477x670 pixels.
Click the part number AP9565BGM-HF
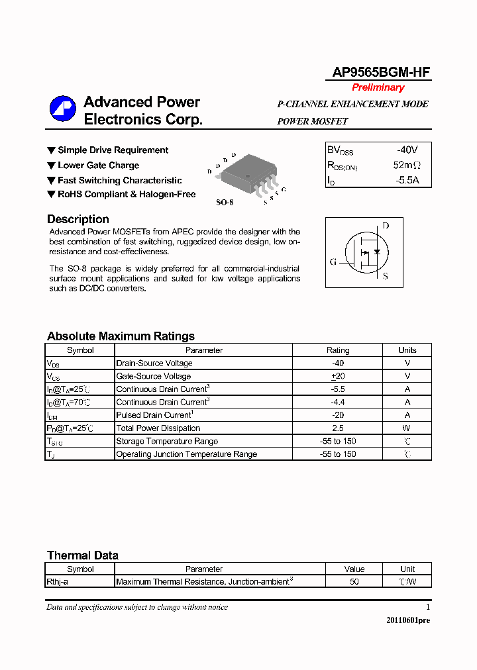(378, 73)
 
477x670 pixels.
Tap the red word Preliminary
(378, 87)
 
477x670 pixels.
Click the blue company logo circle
(63, 109)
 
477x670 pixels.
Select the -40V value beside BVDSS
(407, 150)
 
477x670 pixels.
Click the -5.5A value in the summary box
(407, 179)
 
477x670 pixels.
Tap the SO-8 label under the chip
(225, 202)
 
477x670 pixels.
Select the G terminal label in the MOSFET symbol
(333, 262)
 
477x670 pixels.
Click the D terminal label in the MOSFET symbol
(386, 226)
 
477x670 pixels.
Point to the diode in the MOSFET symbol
(377, 252)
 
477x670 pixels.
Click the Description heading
(78, 219)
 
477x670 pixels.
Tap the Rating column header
(338, 350)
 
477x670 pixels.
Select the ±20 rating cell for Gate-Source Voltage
(338, 376)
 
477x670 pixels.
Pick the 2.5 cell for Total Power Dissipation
(338, 428)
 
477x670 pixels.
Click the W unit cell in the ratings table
(407, 428)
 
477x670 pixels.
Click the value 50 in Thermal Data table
(354, 582)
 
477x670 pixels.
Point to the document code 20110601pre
(408, 620)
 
